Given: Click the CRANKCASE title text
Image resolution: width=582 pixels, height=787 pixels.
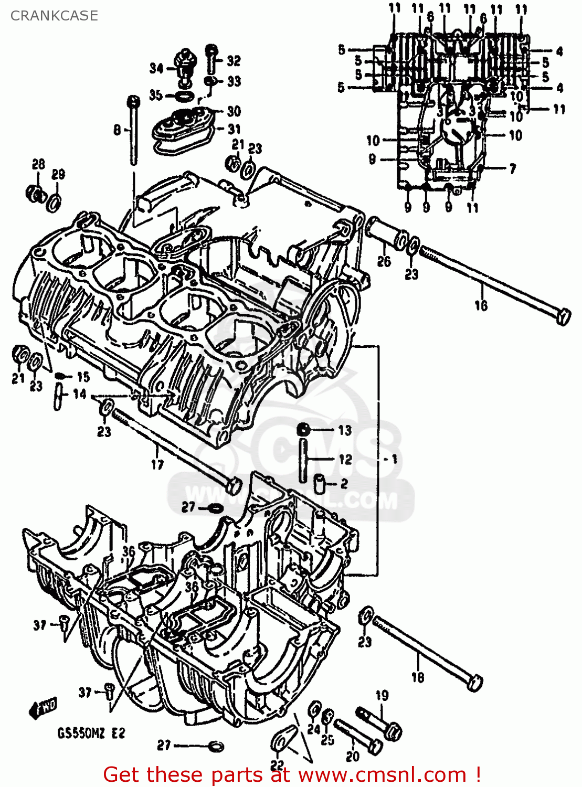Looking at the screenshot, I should (x=54, y=16).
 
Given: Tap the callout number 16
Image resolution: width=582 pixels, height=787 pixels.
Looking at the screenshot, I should (x=481, y=305).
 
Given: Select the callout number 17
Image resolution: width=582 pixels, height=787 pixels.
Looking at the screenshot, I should (x=157, y=464).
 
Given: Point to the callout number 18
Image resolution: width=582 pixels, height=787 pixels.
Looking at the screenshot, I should (x=417, y=677).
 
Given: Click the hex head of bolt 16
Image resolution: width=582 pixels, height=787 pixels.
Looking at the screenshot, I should (x=563, y=317).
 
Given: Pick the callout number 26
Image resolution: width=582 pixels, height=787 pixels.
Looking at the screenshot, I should (x=384, y=261).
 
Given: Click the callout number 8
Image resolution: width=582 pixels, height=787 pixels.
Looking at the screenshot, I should (x=117, y=130).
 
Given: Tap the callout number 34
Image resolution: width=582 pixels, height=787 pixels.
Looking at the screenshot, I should (x=156, y=68).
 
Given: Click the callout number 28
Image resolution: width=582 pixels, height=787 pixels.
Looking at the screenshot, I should (x=39, y=164).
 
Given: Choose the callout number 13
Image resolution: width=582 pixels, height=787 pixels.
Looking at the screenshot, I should (x=344, y=431).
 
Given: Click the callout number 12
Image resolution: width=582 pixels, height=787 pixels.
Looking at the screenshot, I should (x=345, y=460).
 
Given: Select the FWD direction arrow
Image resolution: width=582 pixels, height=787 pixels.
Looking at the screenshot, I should (x=43, y=709).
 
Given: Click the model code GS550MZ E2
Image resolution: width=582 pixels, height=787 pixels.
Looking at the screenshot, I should (x=91, y=733).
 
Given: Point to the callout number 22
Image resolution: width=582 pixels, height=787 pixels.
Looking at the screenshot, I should (x=277, y=765).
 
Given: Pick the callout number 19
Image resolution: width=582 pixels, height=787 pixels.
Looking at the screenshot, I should (x=382, y=695).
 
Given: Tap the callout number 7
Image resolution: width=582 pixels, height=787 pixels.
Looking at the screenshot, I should (x=512, y=168).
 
